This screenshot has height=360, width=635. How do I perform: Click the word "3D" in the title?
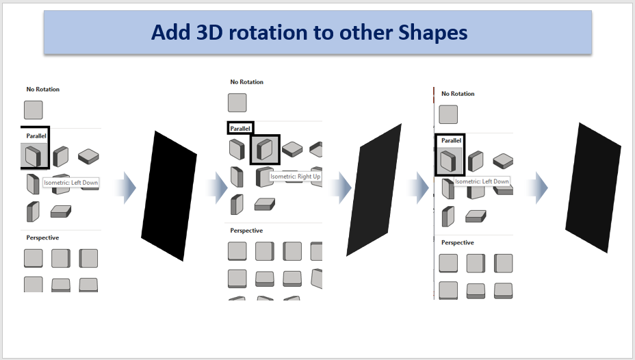pos(209,32)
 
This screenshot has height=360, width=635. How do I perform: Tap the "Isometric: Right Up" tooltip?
pos(295,177)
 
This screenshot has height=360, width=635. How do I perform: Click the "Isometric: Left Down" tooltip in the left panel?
pos(71,183)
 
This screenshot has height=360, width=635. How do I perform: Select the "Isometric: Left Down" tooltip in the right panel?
pos(482,181)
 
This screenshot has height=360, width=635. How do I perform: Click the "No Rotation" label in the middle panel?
pos(246,82)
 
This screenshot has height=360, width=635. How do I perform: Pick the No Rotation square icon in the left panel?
pos(34,110)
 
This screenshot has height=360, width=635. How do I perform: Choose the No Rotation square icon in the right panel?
pos(448,114)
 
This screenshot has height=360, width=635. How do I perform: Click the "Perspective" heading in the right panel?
pos(457,242)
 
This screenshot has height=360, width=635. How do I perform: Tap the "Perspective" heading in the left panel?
pos(42,237)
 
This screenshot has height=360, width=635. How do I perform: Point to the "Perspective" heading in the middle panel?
pos(246,231)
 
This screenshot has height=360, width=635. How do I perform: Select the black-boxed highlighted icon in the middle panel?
pos(265,149)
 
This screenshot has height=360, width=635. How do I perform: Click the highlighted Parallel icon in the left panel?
pos(34,155)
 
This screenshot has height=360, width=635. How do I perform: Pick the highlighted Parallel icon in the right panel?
pos(448,161)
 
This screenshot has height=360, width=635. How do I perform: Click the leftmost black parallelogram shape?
pos(169,196)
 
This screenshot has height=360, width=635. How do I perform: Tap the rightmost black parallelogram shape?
pos(593,188)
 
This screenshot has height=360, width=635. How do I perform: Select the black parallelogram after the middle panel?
pos(374,190)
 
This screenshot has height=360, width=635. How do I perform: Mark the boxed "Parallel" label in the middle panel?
pos(240,129)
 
